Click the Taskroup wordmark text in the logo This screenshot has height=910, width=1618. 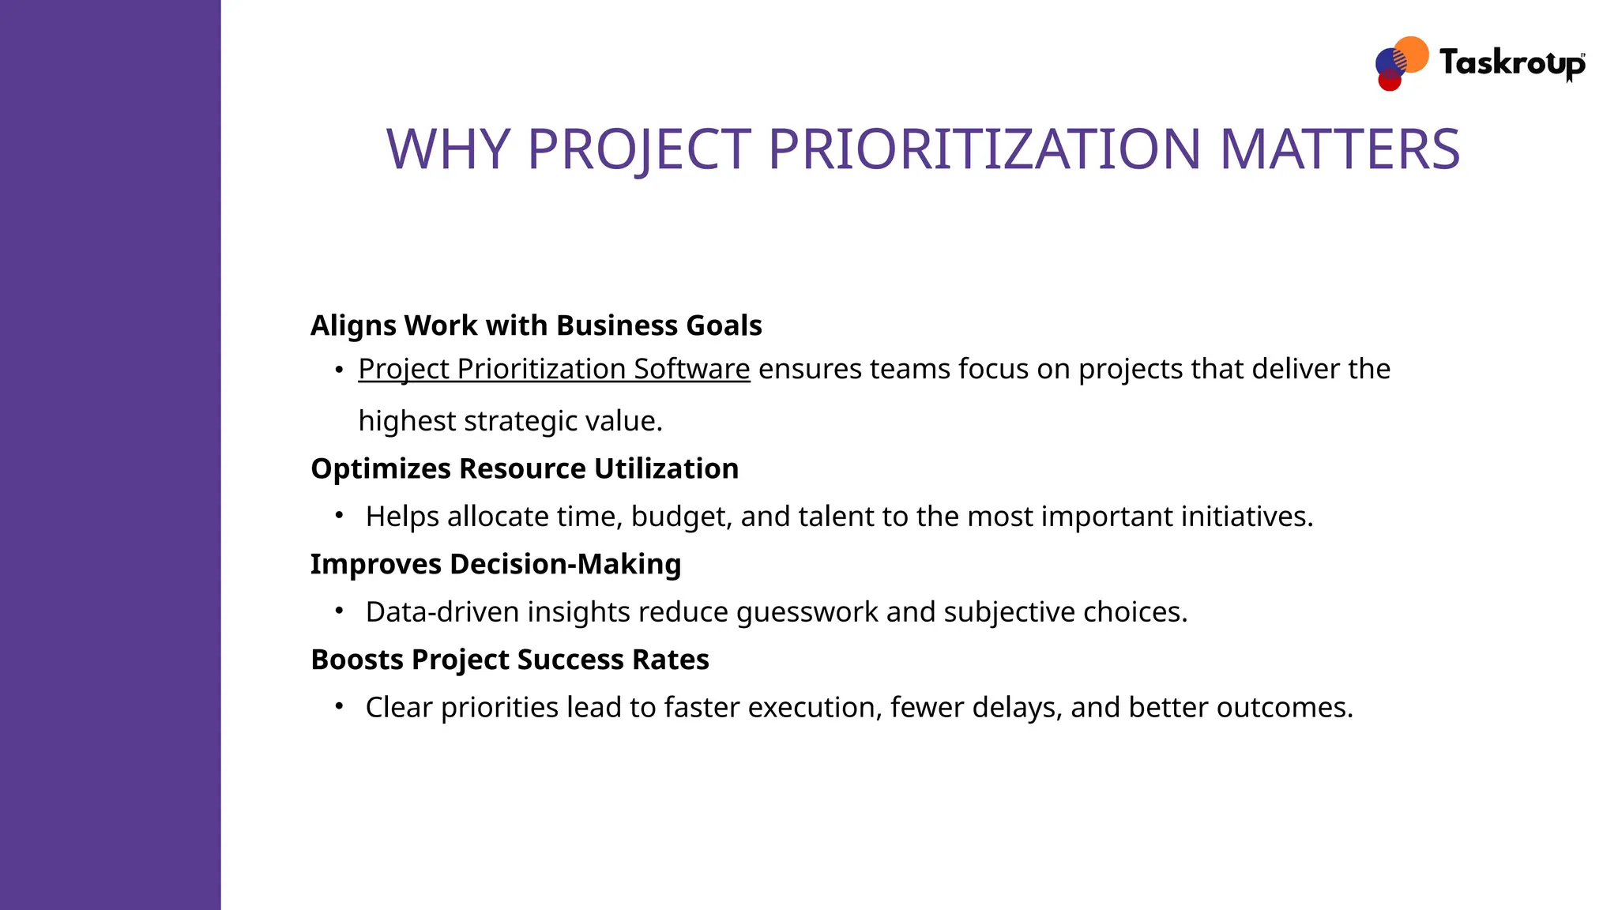click(x=1511, y=63)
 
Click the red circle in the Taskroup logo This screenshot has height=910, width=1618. click(x=1389, y=81)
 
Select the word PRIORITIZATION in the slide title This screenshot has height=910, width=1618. click(x=984, y=149)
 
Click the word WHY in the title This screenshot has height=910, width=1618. click(x=448, y=149)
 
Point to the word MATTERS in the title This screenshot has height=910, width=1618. click(x=1339, y=149)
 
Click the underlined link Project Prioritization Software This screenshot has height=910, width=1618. click(x=554, y=369)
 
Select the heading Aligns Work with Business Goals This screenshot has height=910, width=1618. click(x=536, y=325)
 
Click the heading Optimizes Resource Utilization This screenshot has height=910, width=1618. click(x=525, y=468)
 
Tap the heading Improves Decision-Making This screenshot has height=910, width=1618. click(x=495, y=564)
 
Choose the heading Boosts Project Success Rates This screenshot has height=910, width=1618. click(x=510, y=660)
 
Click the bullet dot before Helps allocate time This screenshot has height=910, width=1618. click(x=339, y=516)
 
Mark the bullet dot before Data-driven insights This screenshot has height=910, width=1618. click(x=339, y=611)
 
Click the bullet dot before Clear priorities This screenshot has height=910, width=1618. click(x=339, y=706)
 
